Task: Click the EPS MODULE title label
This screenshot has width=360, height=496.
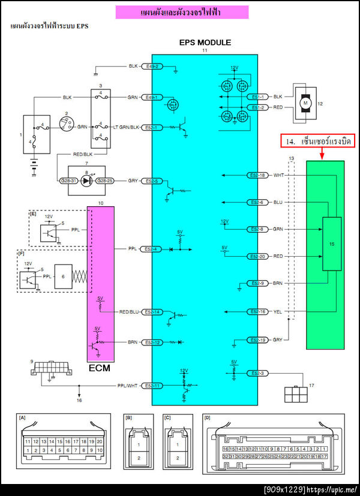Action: [x=205, y=43]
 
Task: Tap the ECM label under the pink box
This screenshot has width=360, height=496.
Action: [x=100, y=368]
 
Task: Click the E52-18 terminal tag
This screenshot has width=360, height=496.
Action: [x=257, y=176]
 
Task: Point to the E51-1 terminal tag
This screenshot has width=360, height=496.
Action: [x=257, y=97]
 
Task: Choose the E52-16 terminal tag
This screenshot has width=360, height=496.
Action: [x=257, y=312]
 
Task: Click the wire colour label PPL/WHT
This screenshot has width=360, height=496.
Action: [x=128, y=386]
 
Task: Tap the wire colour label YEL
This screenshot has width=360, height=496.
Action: [x=277, y=312]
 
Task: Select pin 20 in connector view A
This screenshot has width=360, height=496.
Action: [x=98, y=441]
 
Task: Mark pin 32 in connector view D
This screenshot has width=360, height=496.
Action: [x=225, y=456]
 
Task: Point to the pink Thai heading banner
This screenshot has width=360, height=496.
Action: [x=182, y=13]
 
